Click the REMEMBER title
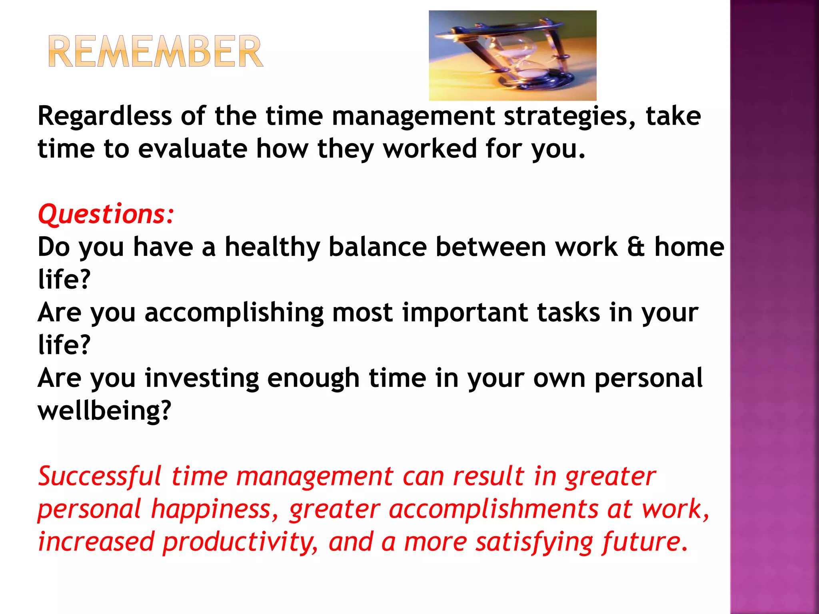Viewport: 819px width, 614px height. tap(156, 51)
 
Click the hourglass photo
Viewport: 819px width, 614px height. tap(512, 56)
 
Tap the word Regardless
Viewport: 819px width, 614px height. tap(105, 116)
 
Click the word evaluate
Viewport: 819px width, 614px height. tap(193, 149)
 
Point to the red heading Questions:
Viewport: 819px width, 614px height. tap(106, 214)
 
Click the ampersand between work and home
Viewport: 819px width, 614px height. tap(635, 247)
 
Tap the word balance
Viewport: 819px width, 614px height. tap(378, 247)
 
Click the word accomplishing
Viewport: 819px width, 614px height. tap(234, 313)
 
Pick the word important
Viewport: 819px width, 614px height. tap(465, 313)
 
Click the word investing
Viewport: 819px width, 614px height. tap(202, 379)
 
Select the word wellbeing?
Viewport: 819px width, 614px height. tap(104, 411)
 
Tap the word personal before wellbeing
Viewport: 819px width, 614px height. tap(648, 379)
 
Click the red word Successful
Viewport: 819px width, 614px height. tap(100, 476)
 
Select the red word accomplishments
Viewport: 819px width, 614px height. tap(493, 510)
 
